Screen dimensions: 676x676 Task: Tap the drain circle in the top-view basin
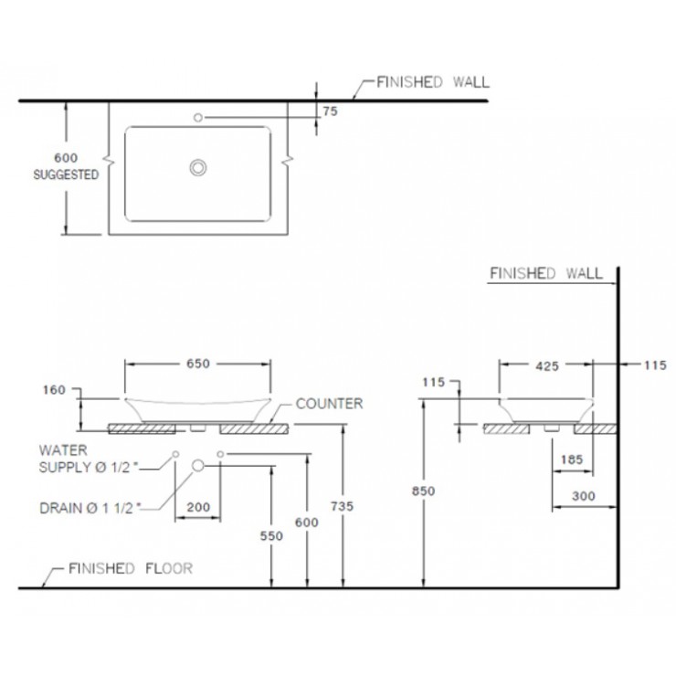[x=197, y=167]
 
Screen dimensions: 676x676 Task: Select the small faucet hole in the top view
[x=197, y=117]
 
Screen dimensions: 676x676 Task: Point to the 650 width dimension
[x=198, y=363]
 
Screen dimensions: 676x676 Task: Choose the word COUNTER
[x=330, y=403]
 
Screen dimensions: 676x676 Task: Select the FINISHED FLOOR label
[x=131, y=567]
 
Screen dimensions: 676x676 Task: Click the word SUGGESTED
[x=66, y=175]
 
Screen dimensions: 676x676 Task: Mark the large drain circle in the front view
[x=197, y=466]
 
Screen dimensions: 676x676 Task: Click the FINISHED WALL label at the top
[x=433, y=81]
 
